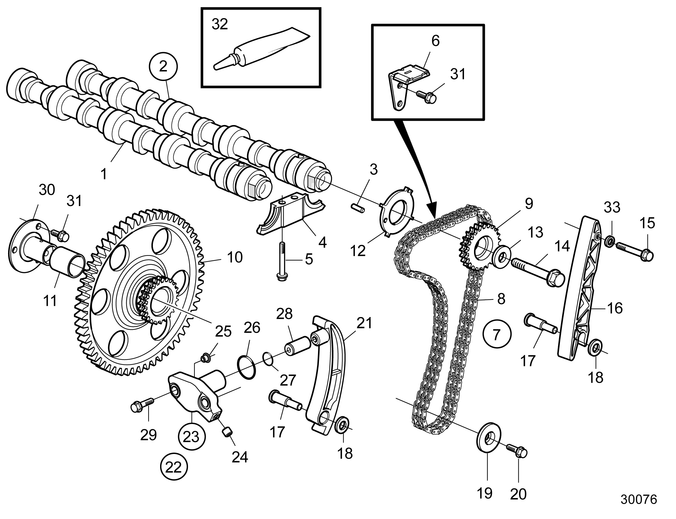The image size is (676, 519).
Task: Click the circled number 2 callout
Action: point(163,67)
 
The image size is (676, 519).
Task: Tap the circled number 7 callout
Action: point(497,334)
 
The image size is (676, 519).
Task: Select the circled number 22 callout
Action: point(174,468)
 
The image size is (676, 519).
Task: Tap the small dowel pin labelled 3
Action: point(358,208)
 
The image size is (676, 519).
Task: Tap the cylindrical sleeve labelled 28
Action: point(297,346)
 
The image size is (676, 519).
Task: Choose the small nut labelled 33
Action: point(609,241)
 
